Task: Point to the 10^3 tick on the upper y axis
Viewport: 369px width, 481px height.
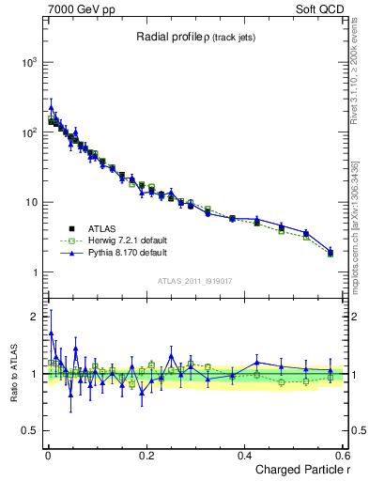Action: coord(28,62)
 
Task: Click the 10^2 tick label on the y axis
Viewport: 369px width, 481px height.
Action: coord(28,132)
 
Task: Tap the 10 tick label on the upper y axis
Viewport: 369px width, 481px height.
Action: coord(31,203)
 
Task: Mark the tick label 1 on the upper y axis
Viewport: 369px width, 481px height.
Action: coord(34,273)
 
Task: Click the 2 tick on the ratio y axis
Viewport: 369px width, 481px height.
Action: coord(34,317)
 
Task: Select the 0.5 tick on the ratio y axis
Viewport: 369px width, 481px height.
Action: coord(29,431)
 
